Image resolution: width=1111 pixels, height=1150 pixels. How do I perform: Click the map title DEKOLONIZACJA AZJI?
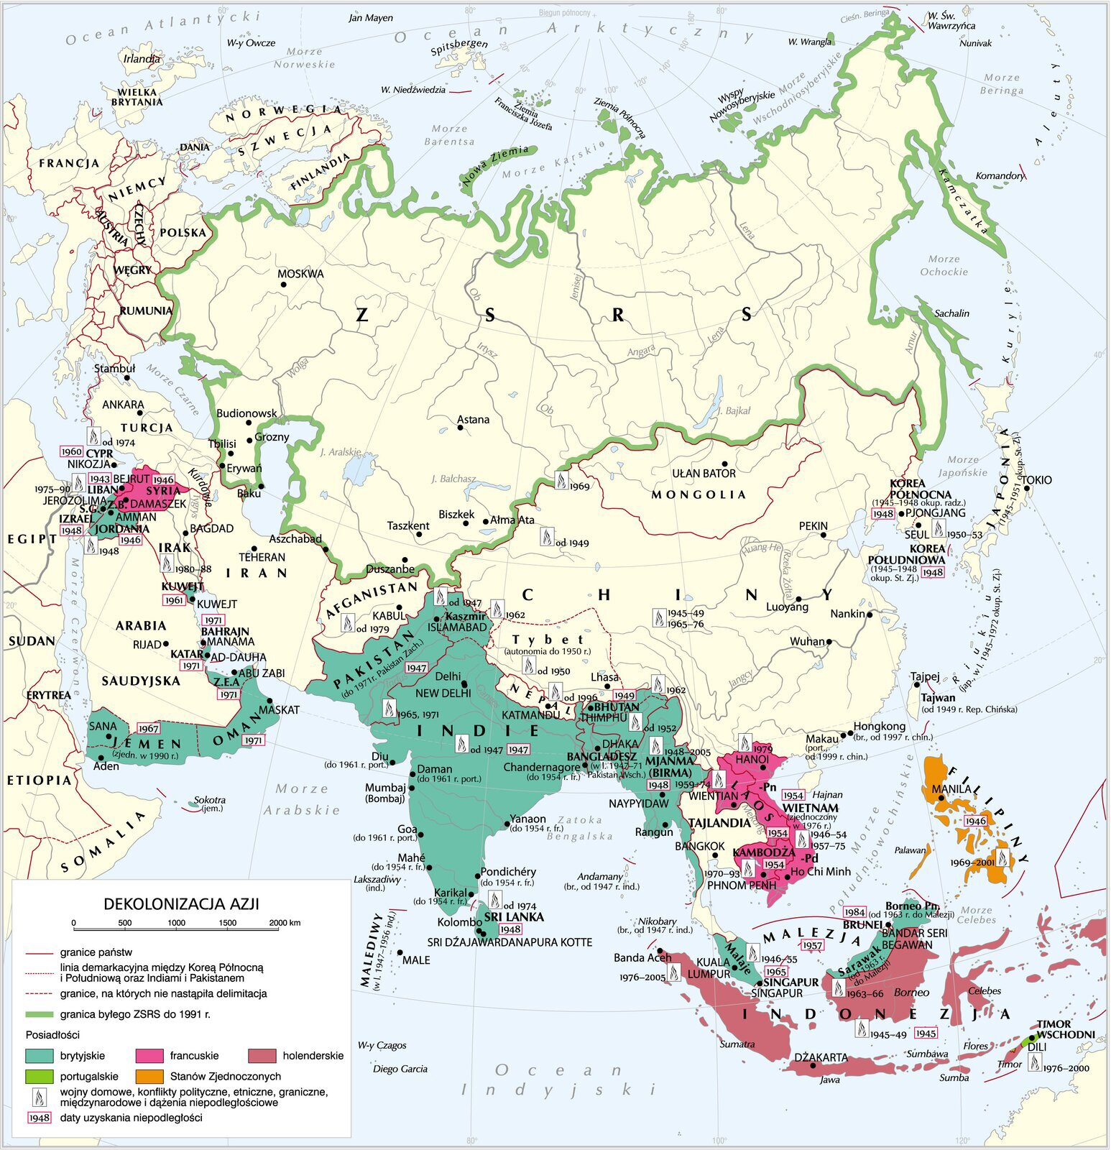[181, 903]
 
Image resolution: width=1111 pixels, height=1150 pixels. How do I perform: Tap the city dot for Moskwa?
[283, 285]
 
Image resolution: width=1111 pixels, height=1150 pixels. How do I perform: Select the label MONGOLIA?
[699, 494]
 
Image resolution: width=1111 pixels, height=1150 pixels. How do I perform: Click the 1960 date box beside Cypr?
[72, 452]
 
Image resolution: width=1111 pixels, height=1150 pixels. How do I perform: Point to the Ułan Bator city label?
[704, 473]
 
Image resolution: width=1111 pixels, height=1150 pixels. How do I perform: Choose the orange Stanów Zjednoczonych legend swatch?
[149, 1077]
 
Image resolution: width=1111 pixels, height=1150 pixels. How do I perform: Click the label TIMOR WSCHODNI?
[1066, 1029]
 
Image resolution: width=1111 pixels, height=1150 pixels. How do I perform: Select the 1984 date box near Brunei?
[855, 912]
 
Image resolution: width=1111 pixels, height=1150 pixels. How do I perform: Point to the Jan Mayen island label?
[370, 18]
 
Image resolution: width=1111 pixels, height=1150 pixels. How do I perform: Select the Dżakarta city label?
[821, 1058]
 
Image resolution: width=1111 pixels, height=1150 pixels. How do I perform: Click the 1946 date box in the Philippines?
[976, 821]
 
